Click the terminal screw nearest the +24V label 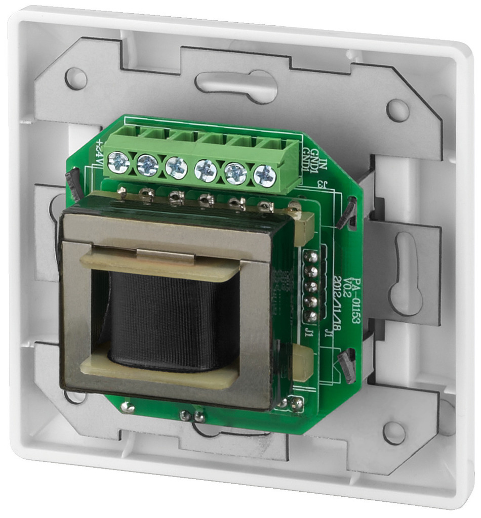pyautogui.click(x=118, y=162)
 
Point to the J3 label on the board pyautogui.click(x=319, y=183)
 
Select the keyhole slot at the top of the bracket pyautogui.click(x=236, y=85)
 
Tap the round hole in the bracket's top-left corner pyautogui.click(x=76, y=79)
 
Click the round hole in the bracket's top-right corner pyautogui.click(x=398, y=110)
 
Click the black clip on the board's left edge pyautogui.click(x=73, y=185)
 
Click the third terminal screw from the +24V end pyautogui.click(x=176, y=167)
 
